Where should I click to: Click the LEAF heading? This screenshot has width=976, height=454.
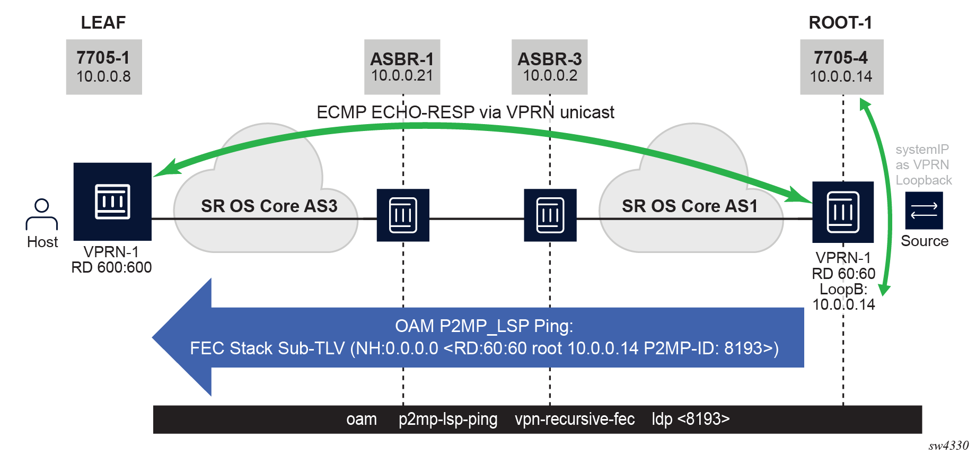click(103, 23)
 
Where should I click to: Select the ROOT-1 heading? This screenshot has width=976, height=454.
click(840, 23)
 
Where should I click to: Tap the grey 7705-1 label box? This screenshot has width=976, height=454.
click(104, 67)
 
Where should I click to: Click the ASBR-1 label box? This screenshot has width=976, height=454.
click(402, 67)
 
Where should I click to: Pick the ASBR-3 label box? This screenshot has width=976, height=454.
click(550, 67)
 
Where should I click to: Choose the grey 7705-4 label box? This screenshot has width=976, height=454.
click(841, 67)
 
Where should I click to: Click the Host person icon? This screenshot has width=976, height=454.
click(42, 214)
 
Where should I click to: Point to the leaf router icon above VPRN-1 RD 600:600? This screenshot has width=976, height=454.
click(112, 202)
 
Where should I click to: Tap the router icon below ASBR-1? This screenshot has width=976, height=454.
click(403, 215)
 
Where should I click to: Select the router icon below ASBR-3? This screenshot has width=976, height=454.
click(550, 215)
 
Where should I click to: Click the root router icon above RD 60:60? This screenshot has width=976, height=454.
click(843, 212)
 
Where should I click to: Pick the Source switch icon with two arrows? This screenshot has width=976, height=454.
click(924, 211)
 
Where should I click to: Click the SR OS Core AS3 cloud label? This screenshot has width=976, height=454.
click(269, 206)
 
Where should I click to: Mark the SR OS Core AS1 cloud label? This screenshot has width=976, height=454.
click(690, 206)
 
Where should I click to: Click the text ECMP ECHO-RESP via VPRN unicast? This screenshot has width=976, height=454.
click(465, 112)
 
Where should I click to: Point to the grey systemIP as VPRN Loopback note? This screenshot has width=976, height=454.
click(924, 165)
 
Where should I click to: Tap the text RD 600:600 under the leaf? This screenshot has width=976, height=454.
click(111, 267)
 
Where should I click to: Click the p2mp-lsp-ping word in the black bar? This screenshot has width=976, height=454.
click(448, 419)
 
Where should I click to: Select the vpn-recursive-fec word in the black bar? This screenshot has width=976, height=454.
click(575, 419)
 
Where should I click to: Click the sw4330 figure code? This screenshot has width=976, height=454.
click(948, 446)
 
